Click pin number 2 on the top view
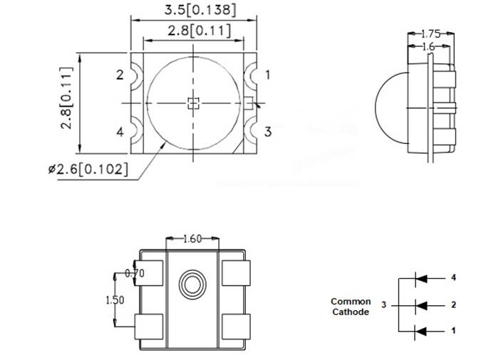click(120, 75)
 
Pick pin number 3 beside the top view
click(268, 131)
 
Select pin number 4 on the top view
click(120, 132)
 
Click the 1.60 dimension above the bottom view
click(193, 239)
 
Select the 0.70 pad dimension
click(133, 273)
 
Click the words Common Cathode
click(351, 307)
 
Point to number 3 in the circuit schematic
click(383, 305)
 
